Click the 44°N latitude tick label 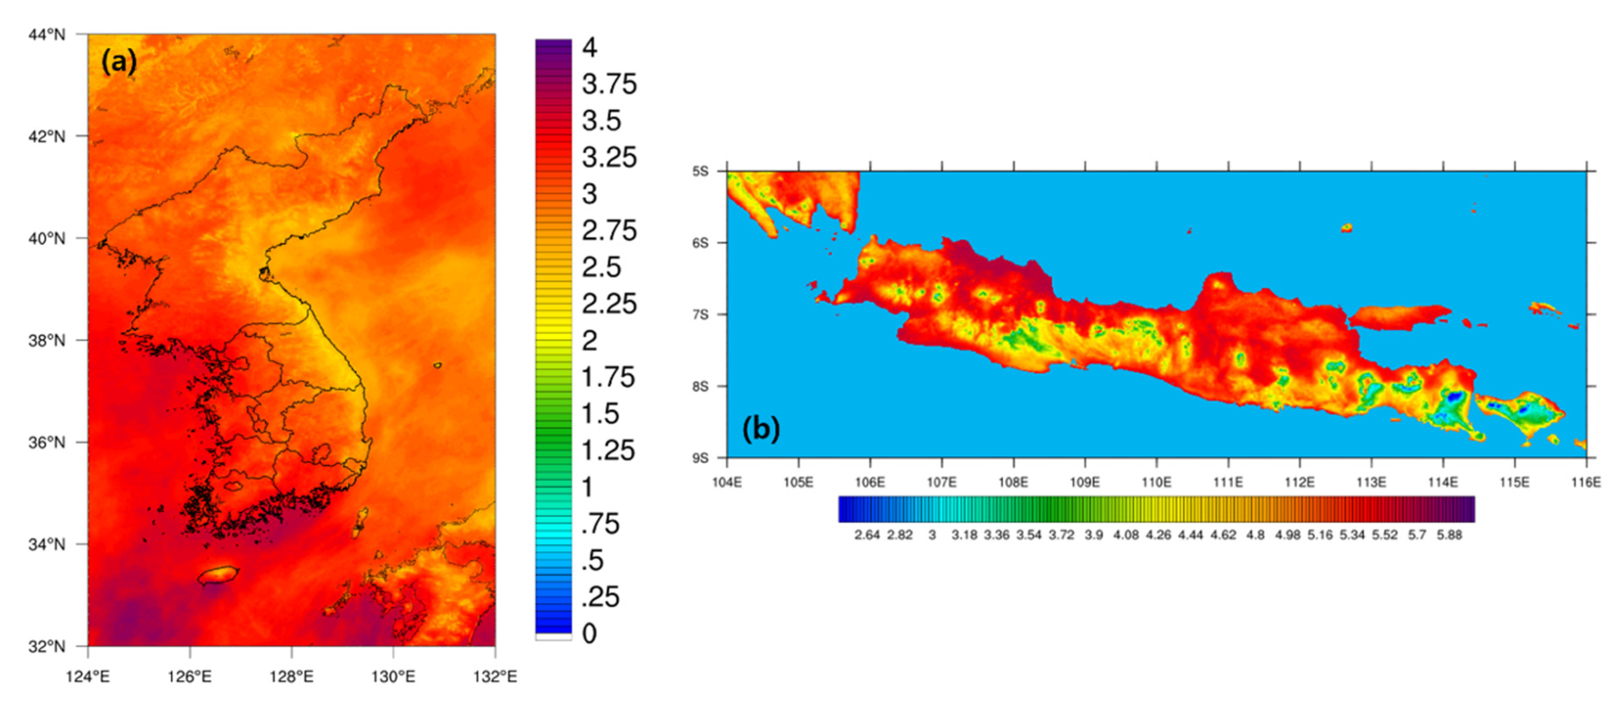coord(46,34)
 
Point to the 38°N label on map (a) coord(46,341)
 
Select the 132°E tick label coord(496,677)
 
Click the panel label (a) coord(119,62)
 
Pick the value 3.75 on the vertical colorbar coord(609,84)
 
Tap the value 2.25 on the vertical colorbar coord(609,304)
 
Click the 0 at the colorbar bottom coord(589,634)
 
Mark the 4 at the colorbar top coord(589,48)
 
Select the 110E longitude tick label coord(1156,482)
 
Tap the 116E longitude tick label coord(1586,482)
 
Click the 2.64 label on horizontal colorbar coord(867,535)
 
